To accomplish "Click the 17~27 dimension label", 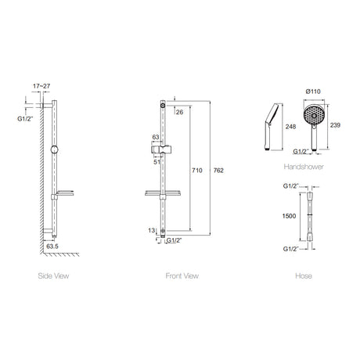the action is click(x=41, y=86).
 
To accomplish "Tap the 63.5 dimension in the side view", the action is click(x=52, y=247).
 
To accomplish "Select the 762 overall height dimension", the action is click(x=218, y=171).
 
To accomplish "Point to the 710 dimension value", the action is click(x=197, y=171).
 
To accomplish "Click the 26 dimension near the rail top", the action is click(x=179, y=112).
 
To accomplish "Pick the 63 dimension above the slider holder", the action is click(x=156, y=137).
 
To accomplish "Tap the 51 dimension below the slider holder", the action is click(x=157, y=162).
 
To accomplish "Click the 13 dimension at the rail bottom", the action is click(x=151, y=230).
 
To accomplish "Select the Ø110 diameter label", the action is click(x=313, y=92).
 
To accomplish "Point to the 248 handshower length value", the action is click(x=290, y=127).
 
